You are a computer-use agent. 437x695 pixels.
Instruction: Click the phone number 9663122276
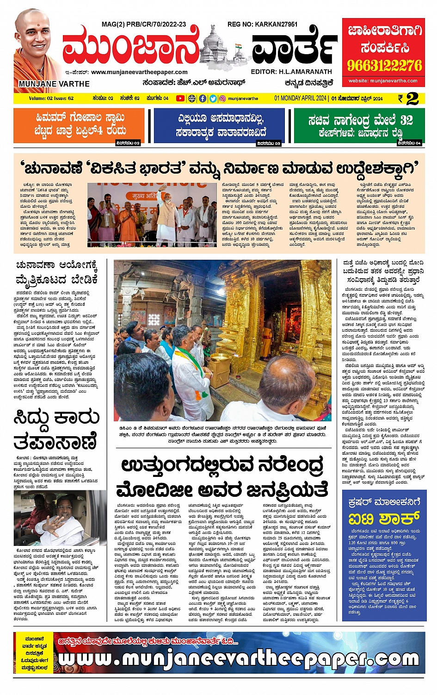tap(385, 65)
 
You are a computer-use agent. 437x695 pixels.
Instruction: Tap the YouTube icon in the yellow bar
tap(180, 99)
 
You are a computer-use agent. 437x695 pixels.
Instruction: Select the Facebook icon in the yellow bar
tap(203, 99)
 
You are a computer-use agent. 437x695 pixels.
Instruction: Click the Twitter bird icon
tap(213, 99)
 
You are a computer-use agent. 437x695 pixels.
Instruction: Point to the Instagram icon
tap(222, 99)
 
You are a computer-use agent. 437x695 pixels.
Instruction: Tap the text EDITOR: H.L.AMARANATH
tap(291, 72)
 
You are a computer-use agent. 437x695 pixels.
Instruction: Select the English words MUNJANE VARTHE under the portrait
tap(54, 84)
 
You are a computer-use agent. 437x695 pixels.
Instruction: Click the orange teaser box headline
tap(80, 124)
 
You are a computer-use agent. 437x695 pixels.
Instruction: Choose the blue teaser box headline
tap(220, 125)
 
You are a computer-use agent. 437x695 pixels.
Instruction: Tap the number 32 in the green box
tap(406, 120)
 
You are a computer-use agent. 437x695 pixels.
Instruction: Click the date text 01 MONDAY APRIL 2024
tap(301, 99)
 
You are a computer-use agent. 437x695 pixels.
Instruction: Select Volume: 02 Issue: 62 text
tap(51, 99)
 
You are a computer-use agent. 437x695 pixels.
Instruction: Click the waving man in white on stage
tap(167, 211)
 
